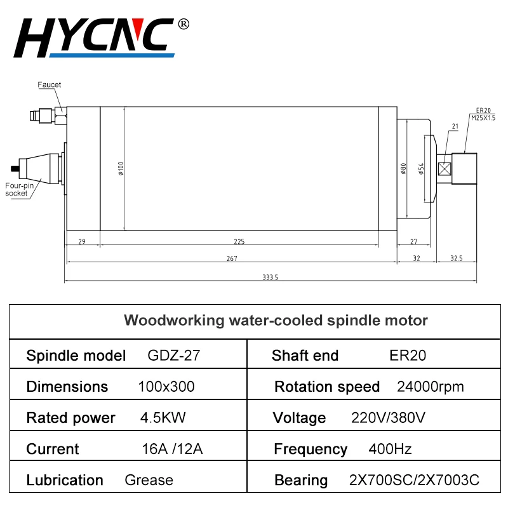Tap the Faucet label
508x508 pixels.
49,84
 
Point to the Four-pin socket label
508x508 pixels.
17,189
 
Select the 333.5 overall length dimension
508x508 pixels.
271,277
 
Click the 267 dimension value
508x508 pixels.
231,258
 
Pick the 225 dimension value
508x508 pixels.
239,241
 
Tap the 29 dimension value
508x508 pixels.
82,241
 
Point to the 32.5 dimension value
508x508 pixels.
456,258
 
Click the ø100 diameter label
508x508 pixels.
121,168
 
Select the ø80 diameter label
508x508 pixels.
403,168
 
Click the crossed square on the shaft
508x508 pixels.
444,169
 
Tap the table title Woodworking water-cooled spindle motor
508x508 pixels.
276,320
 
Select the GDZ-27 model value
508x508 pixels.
173,356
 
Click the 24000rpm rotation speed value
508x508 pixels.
430,387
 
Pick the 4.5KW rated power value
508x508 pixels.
163,418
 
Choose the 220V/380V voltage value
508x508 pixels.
388,418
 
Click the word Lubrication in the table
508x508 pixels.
65,480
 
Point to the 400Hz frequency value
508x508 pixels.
390,450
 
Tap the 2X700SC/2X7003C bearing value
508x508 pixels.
414,480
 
